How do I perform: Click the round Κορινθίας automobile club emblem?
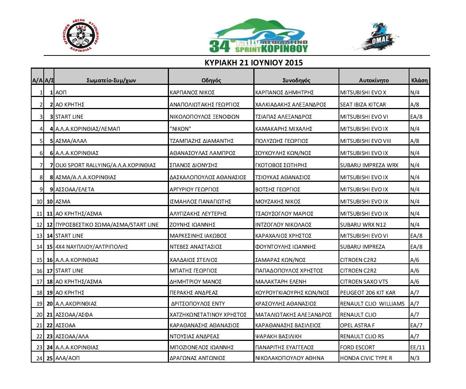(81, 36)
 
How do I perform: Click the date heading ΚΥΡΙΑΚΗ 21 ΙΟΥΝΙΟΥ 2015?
(253, 62)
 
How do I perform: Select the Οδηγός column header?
(211, 80)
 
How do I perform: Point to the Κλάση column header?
(419, 80)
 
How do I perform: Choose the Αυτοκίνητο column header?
(373, 80)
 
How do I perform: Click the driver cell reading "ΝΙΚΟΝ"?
(180, 129)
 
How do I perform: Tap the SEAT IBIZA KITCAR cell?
(363, 105)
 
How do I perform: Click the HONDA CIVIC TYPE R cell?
(366, 358)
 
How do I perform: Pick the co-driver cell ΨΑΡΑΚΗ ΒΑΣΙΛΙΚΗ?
(278, 336)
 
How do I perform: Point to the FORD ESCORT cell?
(357, 347)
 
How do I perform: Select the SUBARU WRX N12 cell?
(363, 225)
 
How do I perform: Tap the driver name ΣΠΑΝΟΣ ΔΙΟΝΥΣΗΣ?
(194, 165)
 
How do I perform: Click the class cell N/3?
(415, 358)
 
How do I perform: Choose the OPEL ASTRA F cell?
(357, 325)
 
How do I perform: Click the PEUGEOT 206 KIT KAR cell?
(368, 293)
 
